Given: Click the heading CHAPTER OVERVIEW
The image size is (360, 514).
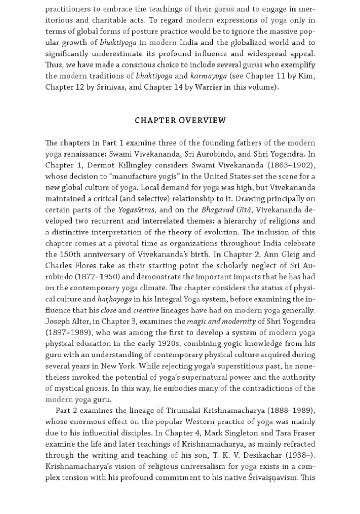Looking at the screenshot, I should coord(180,120).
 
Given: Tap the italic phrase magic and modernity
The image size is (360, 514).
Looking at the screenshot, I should coord(221,322).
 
